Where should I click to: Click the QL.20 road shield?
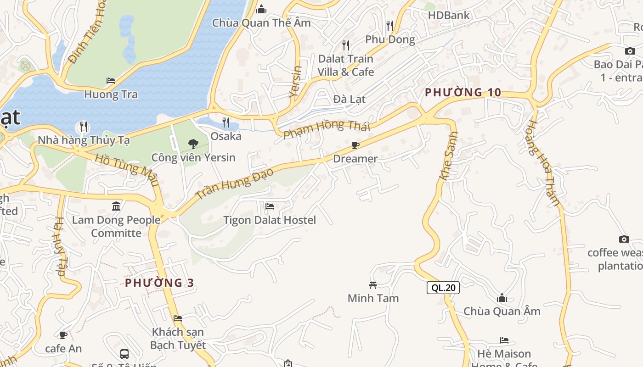point(443,288)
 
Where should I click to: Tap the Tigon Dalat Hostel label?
point(270,220)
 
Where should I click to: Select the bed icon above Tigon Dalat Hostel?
point(270,206)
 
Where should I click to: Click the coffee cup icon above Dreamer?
point(355,145)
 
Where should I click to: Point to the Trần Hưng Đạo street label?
point(235,183)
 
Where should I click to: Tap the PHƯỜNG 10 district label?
point(463,92)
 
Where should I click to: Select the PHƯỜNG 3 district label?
point(159,283)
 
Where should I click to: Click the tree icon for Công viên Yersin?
point(193,144)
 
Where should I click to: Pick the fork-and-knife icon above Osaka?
point(226,122)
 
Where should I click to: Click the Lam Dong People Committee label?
point(116,227)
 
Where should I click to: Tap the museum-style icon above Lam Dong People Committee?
point(116,206)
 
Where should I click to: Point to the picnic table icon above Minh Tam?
point(373,285)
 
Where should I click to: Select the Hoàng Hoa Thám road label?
point(544,163)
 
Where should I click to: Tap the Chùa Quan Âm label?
point(502,311)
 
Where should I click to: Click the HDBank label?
point(449,15)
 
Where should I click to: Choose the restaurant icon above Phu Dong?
point(390,25)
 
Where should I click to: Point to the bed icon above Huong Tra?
point(111,81)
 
